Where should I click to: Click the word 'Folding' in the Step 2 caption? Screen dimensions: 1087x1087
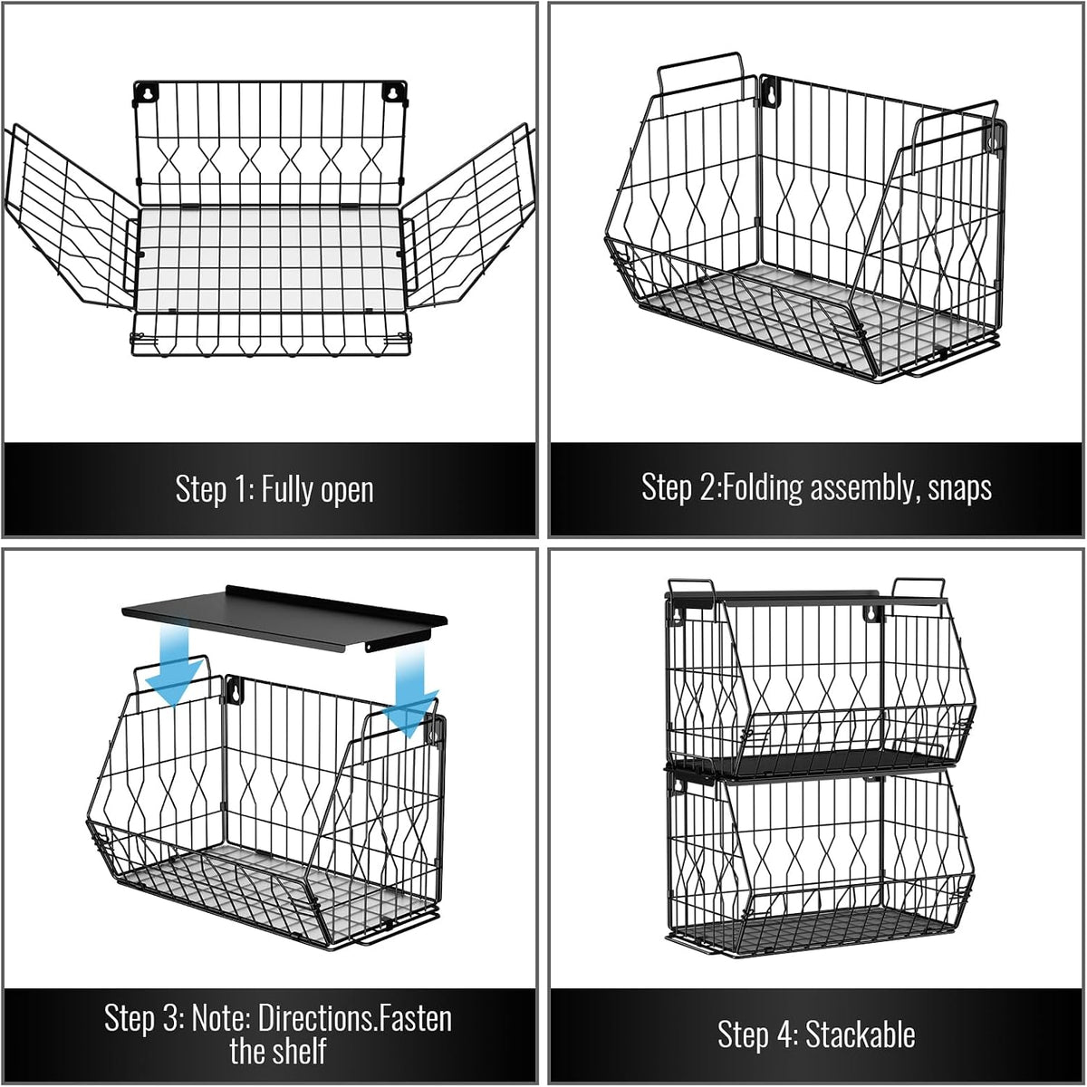pyautogui.click(x=763, y=487)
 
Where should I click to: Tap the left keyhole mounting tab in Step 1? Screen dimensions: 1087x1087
pyautogui.click(x=146, y=92)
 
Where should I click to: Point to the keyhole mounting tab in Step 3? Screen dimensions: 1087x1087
pyautogui.click(x=234, y=690)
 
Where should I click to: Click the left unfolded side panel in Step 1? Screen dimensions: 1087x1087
pyautogui.click(x=71, y=217)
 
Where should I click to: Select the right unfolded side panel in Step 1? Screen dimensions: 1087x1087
pyautogui.click(x=467, y=217)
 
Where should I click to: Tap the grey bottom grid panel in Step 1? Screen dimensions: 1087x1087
pyautogui.click(x=270, y=258)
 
